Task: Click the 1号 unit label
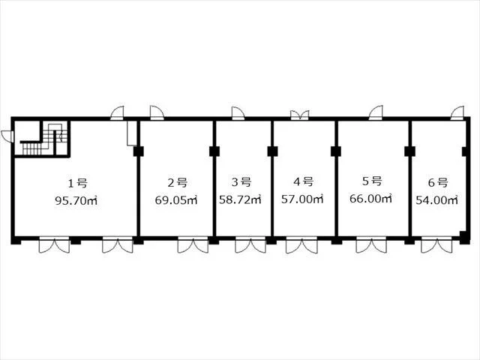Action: click(x=77, y=183)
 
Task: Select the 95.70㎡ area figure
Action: click(x=76, y=201)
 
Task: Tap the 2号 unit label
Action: click(x=178, y=182)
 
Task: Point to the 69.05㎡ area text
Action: click(x=176, y=200)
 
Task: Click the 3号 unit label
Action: click(x=241, y=181)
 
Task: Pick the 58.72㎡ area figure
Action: click(x=240, y=199)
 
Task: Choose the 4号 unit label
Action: click(x=303, y=181)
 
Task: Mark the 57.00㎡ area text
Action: click(x=302, y=199)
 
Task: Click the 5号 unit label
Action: click(x=372, y=181)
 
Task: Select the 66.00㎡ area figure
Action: click(x=370, y=199)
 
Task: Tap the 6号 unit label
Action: click(x=438, y=182)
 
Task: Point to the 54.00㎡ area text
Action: click(x=436, y=200)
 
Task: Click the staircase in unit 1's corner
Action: click(x=42, y=139)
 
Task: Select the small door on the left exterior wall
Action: click(x=7, y=136)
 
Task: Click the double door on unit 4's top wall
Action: click(x=300, y=115)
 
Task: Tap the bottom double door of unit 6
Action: click(x=436, y=245)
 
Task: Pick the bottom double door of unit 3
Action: click(x=250, y=245)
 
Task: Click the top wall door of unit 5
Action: click(x=376, y=112)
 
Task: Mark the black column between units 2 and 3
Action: click(x=214, y=151)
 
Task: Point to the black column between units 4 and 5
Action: click(x=336, y=151)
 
